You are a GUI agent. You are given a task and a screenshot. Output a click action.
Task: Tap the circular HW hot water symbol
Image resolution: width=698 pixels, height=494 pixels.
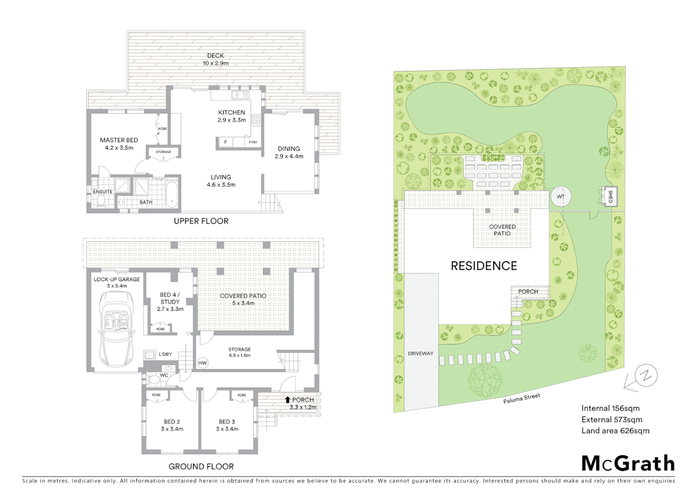[203, 363]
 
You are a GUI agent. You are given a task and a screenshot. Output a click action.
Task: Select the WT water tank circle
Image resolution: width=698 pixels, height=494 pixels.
[561, 197]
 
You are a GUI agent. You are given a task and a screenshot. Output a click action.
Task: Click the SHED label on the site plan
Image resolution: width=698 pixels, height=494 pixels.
[610, 197]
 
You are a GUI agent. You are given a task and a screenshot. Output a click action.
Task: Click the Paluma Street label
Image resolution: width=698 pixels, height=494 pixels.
[522, 398]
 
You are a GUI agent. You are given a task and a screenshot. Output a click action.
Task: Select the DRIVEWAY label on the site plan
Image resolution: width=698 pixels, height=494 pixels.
[420, 354]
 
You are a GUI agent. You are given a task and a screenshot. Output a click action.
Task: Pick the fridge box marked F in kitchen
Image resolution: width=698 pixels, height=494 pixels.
[225, 142]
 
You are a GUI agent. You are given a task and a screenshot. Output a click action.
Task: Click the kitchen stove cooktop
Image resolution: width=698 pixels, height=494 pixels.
[256, 119]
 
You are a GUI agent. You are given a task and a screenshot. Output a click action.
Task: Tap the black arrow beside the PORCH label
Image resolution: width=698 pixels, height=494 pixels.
[287, 400]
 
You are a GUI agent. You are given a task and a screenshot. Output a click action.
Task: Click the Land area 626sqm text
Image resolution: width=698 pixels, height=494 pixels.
[615, 430]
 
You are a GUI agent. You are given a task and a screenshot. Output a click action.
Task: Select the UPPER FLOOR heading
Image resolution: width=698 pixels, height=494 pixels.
[201, 221]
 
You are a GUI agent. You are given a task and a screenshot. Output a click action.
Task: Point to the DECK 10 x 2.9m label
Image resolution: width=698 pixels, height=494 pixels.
[216, 59]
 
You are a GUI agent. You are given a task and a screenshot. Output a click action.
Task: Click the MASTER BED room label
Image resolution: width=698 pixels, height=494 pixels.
[119, 144]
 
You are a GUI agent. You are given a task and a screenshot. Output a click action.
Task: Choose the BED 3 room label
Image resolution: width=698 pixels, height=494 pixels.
[227, 425]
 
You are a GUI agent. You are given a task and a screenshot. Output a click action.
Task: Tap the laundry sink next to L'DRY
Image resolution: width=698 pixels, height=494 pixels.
[149, 354]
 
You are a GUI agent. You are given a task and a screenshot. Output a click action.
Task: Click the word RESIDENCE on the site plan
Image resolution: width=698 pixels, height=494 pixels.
[484, 266]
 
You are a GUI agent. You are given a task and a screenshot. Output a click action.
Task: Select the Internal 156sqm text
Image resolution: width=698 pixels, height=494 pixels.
[610, 408]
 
